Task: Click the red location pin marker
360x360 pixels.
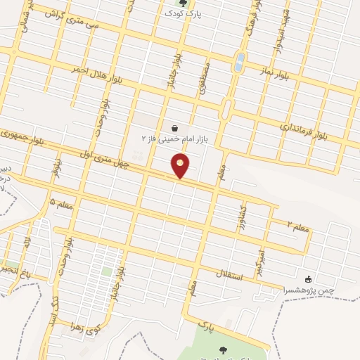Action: pyautogui.click(x=181, y=166)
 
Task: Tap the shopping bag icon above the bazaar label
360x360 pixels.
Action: pyautogui.click(x=174, y=128)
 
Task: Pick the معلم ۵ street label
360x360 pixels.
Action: pyautogui.click(x=62, y=205)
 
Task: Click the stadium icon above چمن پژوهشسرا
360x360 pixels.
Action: pyautogui.click(x=308, y=279)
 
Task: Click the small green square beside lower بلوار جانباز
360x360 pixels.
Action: pyautogui.click(x=107, y=271)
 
